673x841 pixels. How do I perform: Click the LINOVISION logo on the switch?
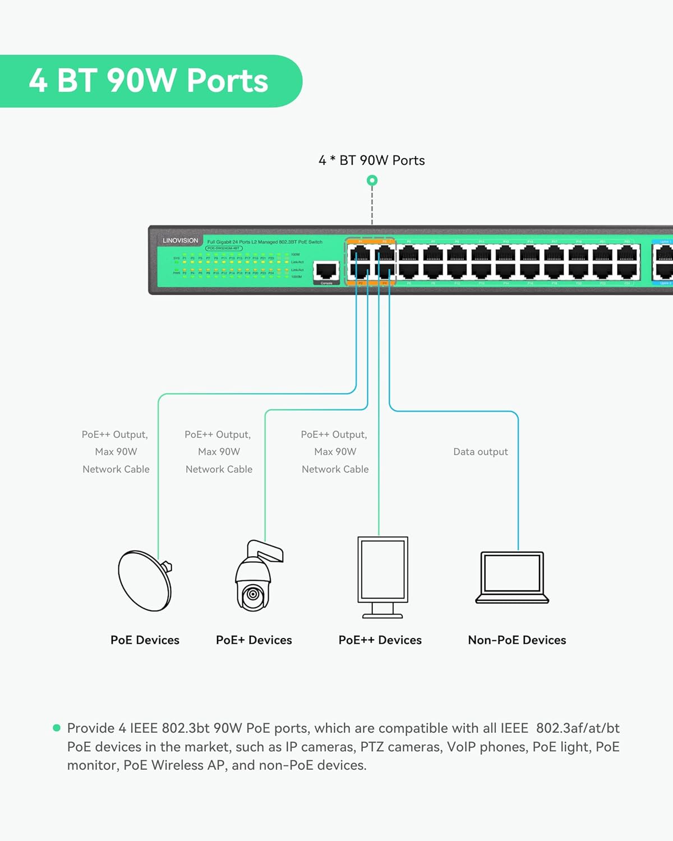pyautogui.click(x=180, y=241)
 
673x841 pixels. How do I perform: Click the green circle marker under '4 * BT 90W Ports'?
pyautogui.click(x=372, y=181)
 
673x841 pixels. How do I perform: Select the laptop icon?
pyautogui.click(x=511, y=577)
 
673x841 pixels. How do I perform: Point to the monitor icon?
pyautogui.click(x=382, y=577)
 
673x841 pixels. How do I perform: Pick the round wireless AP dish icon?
pyautogui.click(x=145, y=580)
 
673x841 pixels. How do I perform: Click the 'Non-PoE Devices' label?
pyautogui.click(x=517, y=640)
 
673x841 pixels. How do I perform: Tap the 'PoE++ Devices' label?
pyautogui.click(x=380, y=640)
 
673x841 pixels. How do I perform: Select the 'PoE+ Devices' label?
pyautogui.click(x=253, y=640)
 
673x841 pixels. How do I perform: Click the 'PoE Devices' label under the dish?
pyautogui.click(x=145, y=640)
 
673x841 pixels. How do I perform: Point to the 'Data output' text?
pyautogui.click(x=480, y=452)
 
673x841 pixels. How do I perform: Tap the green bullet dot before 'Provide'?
pyautogui.click(x=57, y=728)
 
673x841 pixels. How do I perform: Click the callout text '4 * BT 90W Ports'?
pyautogui.click(x=371, y=160)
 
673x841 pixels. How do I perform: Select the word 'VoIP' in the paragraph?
pyautogui.click(x=463, y=747)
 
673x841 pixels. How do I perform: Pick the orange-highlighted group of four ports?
pyautogui.click(x=371, y=262)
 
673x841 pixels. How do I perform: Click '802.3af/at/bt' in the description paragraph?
pyautogui.click(x=578, y=728)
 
